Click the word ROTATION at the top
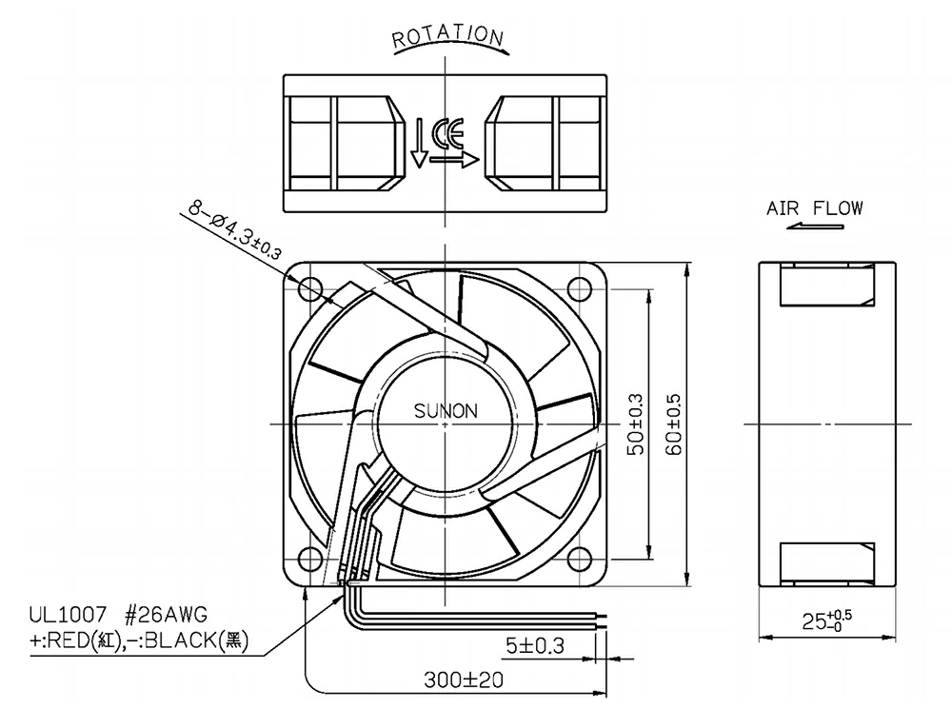coord(446,37)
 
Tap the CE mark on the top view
coord(447,134)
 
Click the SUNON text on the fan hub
coord(446,412)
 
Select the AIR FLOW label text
coord(815,208)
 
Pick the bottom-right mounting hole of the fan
coord(578,557)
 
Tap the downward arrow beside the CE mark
coord(418,144)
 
